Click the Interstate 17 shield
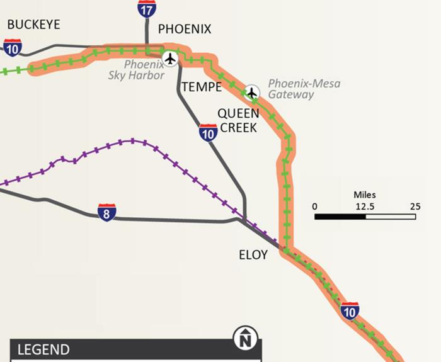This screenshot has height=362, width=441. coord(147,9)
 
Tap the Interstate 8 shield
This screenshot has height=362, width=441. coord(107,213)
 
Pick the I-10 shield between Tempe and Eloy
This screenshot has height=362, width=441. coord(208,131)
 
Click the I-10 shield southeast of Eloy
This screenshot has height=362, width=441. coord(350,310)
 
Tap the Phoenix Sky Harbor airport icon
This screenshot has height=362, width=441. coord(169,59)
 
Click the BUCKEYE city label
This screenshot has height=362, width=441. coord(33,25)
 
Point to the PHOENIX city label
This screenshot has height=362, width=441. coord(184,29)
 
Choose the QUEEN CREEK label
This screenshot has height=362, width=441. coord(238,120)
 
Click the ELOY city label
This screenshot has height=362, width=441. coord(253,255)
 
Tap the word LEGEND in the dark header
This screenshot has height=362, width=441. coord(43,350)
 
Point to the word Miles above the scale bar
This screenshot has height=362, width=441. coord(365,195)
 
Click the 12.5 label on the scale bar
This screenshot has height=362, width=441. coord(365,206)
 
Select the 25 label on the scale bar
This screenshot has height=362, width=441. coord(415,206)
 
